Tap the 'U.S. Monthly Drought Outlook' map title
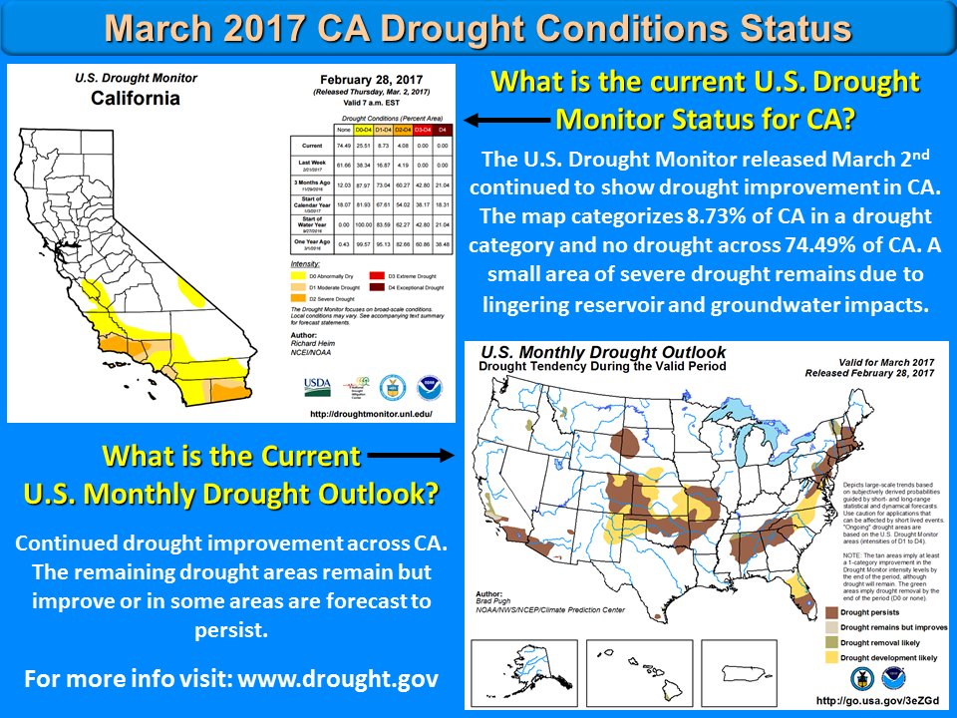(x=604, y=353)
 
